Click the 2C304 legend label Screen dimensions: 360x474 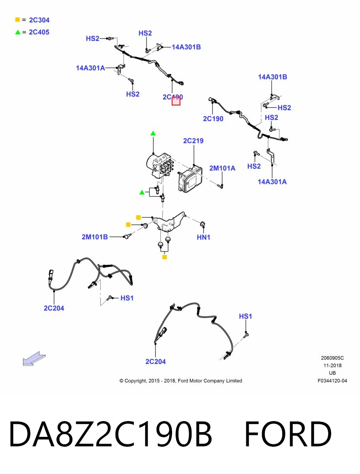(x=39, y=20)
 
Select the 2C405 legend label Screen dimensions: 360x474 (x=39, y=32)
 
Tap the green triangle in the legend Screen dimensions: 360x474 (x=18, y=32)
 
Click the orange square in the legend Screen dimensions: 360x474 (x=17, y=20)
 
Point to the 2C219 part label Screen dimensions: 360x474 (x=193, y=141)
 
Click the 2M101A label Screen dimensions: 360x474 (x=222, y=168)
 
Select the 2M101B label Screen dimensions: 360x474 (x=95, y=237)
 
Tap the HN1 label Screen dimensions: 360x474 (x=203, y=237)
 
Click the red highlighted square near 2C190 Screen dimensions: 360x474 (x=176, y=101)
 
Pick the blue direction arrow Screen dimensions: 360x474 (x=34, y=359)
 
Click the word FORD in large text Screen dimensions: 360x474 (x=288, y=434)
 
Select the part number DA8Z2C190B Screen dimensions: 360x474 (x=111, y=434)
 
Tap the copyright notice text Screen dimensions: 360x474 (x=181, y=381)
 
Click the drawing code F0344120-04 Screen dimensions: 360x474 (x=332, y=381)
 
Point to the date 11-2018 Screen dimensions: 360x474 (x=332, y=365)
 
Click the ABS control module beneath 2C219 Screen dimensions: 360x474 (x=190, y=179)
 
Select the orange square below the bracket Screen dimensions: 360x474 (x=164, y=257)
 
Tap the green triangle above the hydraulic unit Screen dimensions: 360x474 (x=153, y=133)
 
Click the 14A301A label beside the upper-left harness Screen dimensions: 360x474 (x=90, y=68)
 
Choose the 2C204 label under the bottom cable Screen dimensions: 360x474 (x=156, y=361)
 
